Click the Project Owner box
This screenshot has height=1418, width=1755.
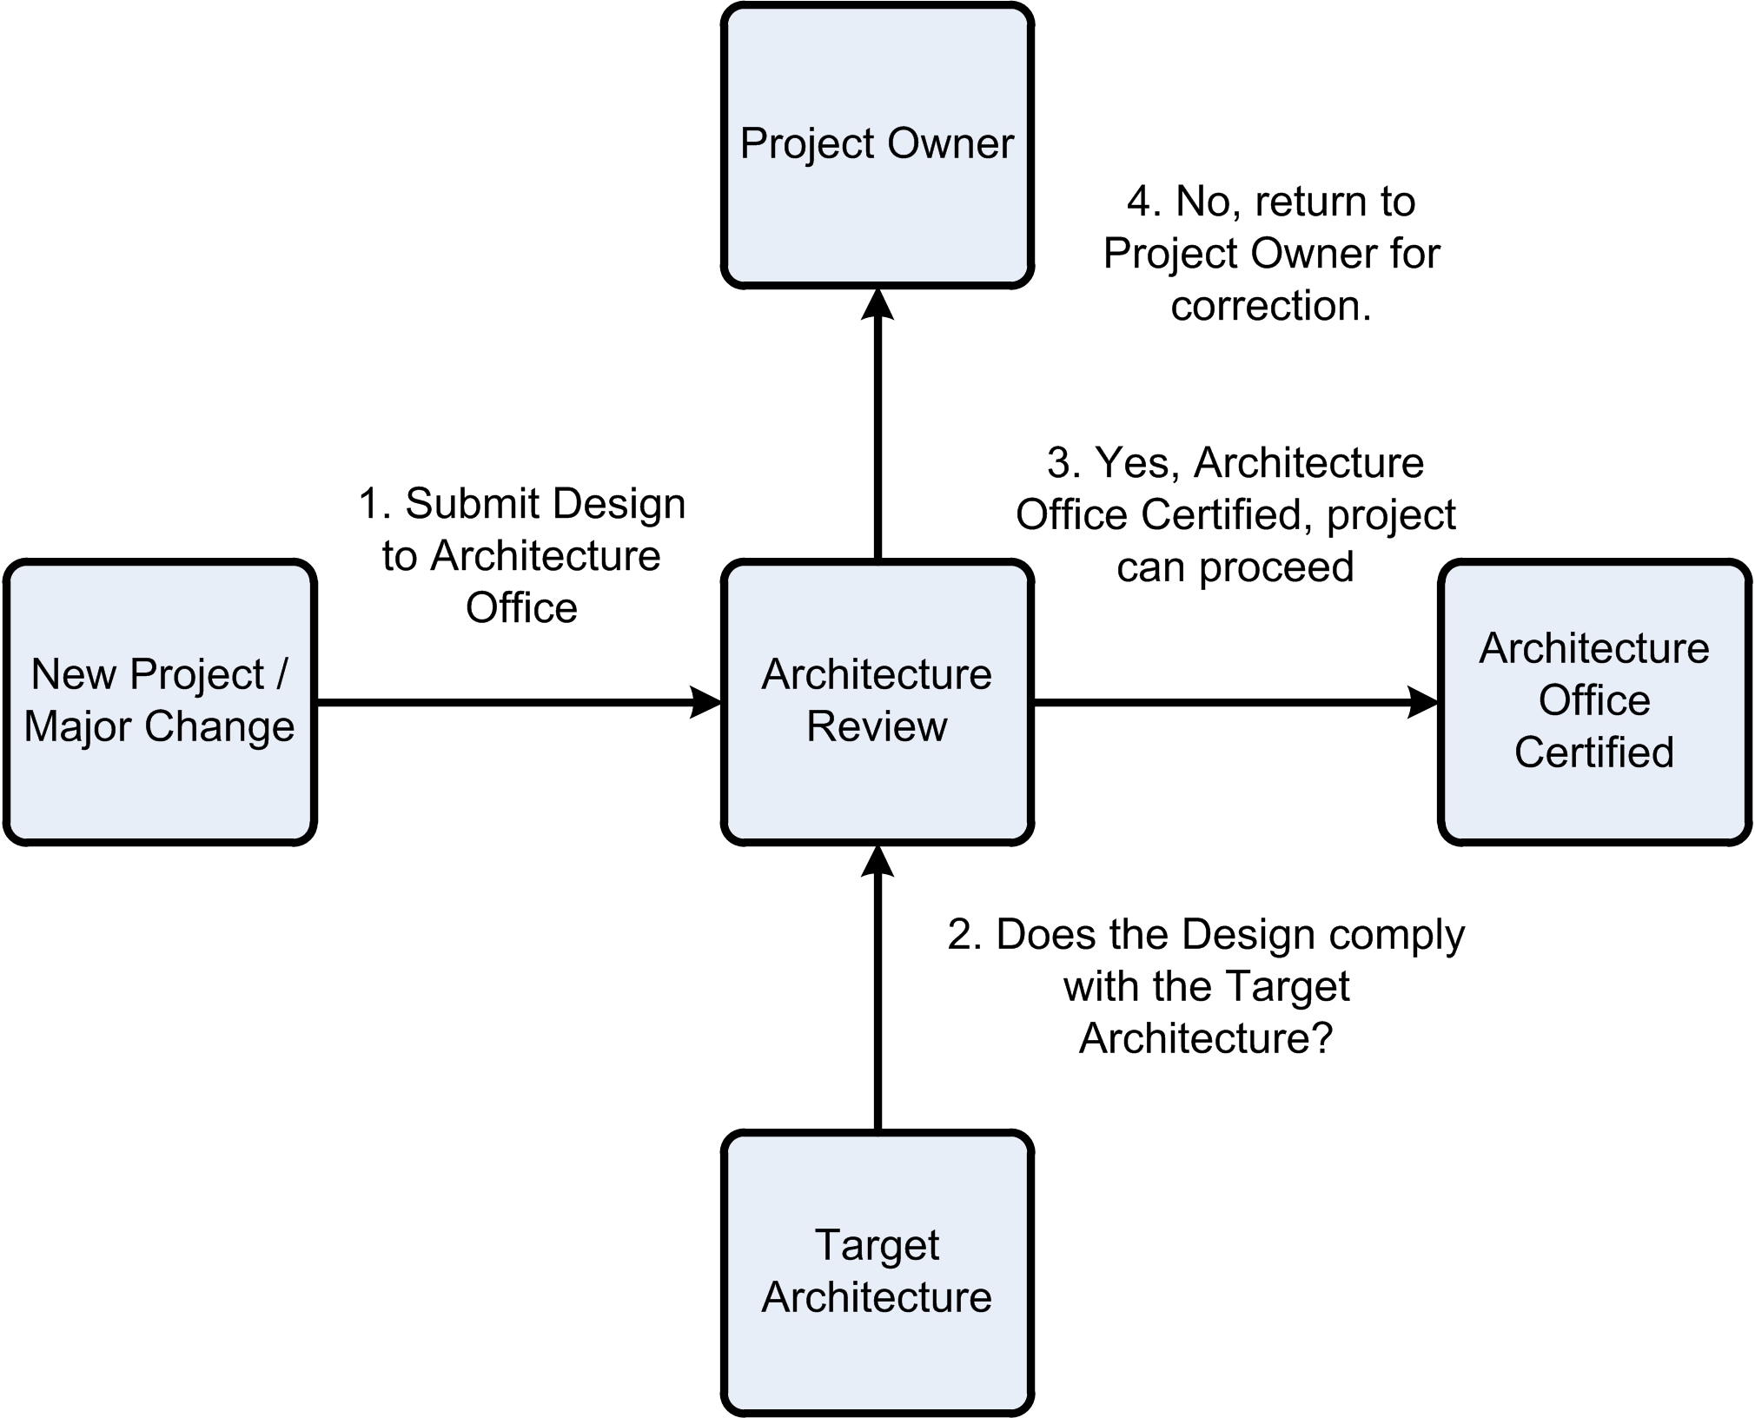(x=877, y=146)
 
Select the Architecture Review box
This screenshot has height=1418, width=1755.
(x=877, y=702)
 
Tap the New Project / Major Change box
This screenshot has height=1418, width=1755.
(x=160, y=702)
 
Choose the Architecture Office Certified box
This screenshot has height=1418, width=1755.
(x=1594, y=702)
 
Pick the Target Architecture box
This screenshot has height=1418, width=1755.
(x=877, y=1273)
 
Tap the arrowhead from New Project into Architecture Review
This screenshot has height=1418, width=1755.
(x=705, y=702)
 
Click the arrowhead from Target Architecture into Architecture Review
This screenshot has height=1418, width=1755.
(x=877, y=862)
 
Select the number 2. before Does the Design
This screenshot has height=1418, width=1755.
(x=964, y=935)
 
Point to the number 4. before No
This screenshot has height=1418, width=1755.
(x=1144, y=202)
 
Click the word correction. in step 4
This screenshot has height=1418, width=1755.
(x=1271, y=306)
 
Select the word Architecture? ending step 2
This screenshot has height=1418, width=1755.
(x=1206, y=1038)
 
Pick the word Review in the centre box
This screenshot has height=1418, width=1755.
(x=877, y=727)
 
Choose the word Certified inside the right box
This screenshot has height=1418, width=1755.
(x=1594, y=752)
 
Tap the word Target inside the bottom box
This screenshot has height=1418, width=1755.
(x=877, y=1245)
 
